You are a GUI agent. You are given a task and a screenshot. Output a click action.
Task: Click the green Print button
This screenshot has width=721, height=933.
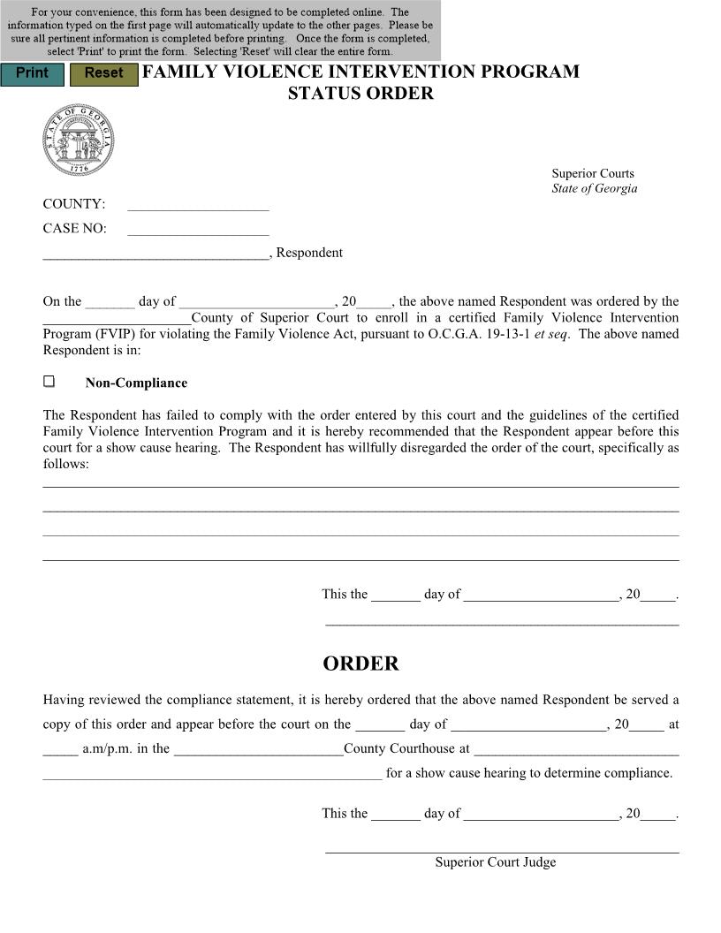coord(32,73)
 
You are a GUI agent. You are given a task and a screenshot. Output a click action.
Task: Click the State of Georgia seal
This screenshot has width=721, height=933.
coord(78,140)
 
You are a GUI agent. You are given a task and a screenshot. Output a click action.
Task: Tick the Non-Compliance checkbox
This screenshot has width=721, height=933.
coord(49,382)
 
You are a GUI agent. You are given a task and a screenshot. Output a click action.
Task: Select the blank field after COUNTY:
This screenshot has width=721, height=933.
coord(198,205)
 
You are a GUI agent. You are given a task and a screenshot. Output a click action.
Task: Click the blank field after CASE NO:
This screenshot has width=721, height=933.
coord(198,230)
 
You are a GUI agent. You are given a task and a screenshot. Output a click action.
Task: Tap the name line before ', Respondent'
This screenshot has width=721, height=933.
coord(156,254)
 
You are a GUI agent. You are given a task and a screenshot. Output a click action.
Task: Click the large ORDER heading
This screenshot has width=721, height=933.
coord(360,664)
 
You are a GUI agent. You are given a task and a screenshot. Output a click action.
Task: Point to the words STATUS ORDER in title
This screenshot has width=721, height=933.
coord(360,94)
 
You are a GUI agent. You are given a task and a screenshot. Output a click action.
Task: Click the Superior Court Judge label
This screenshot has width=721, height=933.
coord(495,862)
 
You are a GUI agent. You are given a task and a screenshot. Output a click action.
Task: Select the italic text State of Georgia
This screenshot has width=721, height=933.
coord(594,188)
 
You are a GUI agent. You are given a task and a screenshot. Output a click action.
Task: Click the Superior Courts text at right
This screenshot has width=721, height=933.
coord(593,173)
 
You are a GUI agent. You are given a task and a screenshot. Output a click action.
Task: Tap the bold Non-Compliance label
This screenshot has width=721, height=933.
coord(136,383)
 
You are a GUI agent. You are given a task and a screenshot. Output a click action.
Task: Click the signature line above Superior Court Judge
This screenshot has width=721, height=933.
coord(502,852)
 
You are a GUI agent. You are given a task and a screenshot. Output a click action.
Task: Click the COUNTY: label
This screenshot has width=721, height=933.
coord(74,204)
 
